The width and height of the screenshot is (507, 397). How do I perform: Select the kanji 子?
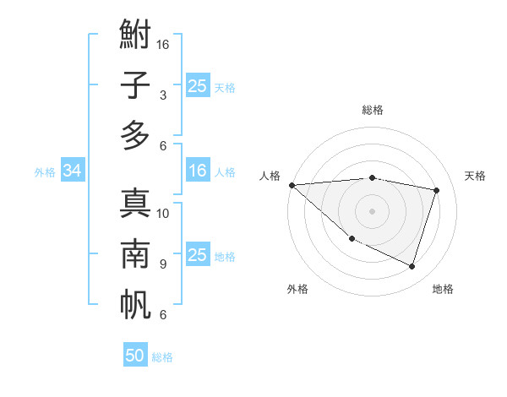135,85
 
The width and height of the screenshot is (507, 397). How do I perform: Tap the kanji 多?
135,136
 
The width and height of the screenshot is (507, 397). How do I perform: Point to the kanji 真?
135,204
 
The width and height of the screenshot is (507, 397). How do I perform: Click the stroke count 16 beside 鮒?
164,44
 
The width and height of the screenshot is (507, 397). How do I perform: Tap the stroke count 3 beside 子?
162,95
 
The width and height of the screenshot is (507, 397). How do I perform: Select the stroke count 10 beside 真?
164,213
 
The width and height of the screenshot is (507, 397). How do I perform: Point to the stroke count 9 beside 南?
162,264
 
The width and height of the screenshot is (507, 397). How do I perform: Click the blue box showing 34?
72,171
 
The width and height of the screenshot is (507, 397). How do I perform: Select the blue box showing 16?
198,171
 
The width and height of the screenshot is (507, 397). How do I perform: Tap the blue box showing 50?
135,356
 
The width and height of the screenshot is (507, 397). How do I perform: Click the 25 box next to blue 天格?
198,86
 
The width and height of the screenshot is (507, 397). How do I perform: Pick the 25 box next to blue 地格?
198,256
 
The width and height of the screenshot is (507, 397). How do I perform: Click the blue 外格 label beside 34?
45,172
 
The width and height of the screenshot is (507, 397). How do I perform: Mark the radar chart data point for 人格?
292,184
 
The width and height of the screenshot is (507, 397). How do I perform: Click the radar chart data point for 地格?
412,267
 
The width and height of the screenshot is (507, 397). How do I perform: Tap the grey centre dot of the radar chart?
372,210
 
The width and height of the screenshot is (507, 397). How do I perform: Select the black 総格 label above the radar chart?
373,110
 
